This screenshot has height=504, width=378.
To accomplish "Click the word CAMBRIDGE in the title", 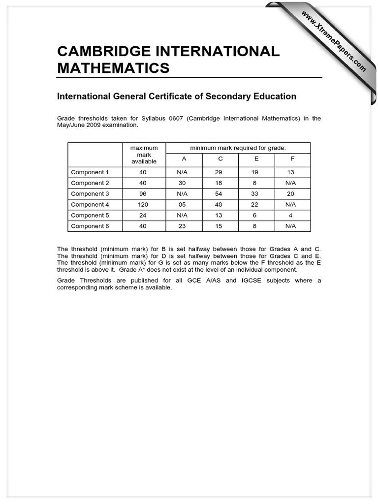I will (98, 51).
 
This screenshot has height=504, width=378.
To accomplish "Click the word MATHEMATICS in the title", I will (113, 67).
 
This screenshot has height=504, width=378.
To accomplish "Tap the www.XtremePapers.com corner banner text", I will (333, 41).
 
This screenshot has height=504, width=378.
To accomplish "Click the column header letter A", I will (184, 159).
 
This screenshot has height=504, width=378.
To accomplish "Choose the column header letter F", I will (292, 159).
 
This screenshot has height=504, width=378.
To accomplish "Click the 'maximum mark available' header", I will (144, 155).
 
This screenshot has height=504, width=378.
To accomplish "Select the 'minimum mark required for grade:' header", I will (238, 148).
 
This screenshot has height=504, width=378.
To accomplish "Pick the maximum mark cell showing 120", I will (144, 205).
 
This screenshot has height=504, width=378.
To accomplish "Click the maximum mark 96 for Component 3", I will (144, 194).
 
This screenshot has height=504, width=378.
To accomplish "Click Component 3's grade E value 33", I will (254, 194).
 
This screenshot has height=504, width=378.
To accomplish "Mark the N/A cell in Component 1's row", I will (182, 172).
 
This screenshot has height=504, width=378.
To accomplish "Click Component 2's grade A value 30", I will (182, 183).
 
